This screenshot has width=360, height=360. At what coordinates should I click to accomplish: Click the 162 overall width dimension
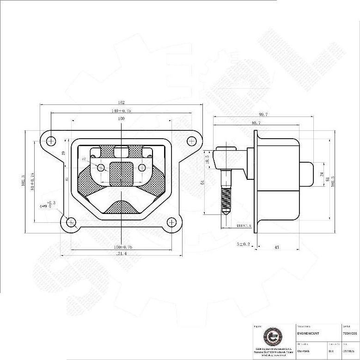point(122,103)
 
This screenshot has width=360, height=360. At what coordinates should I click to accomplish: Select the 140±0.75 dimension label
point(122,111)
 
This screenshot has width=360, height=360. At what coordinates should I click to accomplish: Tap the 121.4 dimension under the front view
point(122,254)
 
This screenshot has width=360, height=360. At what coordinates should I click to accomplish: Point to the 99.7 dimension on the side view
point(265,115)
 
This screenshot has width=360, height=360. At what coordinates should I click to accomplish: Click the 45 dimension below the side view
point(276,248)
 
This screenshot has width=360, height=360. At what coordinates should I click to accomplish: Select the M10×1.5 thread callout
point(243,226)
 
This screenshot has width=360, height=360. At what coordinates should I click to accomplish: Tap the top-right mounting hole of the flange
point(190,140)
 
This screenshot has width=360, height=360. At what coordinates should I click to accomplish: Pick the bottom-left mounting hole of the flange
point(71,223)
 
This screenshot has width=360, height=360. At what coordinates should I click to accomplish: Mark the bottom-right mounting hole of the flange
point(172,223)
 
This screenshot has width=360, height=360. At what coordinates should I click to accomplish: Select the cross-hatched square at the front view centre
point(121,173)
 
